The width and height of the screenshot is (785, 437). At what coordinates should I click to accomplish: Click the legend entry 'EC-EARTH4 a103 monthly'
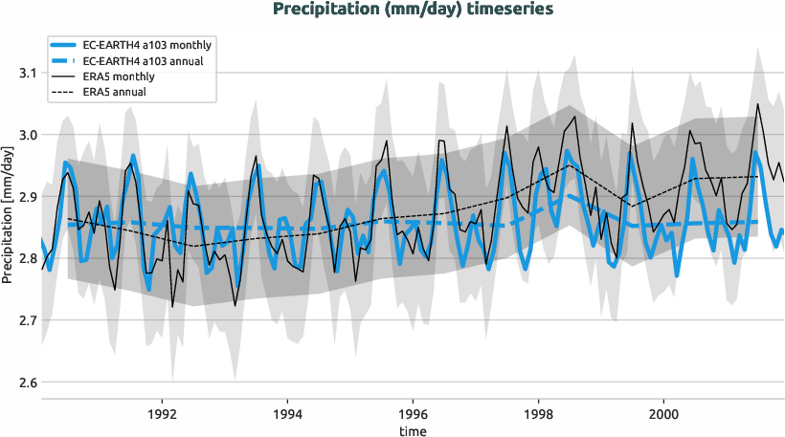click(x=147, y=45)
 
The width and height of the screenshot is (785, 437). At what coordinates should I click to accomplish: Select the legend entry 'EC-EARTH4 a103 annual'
click(x=145, y=60)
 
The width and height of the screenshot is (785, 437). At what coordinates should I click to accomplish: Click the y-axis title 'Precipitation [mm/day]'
click(x=9, y=213)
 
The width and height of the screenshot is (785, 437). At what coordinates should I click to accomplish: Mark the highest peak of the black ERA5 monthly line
click(x=758, y=104)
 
